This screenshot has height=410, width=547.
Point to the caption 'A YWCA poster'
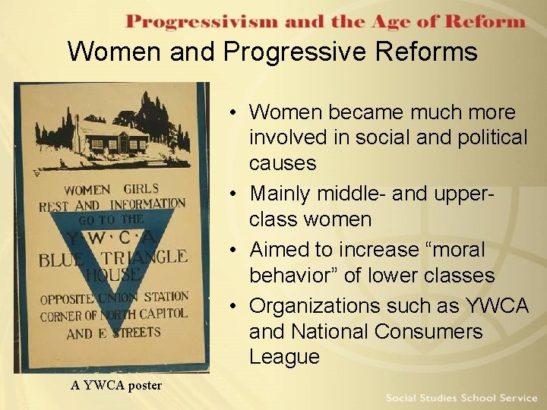[116, 385]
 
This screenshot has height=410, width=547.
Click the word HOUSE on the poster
[112, 274]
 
